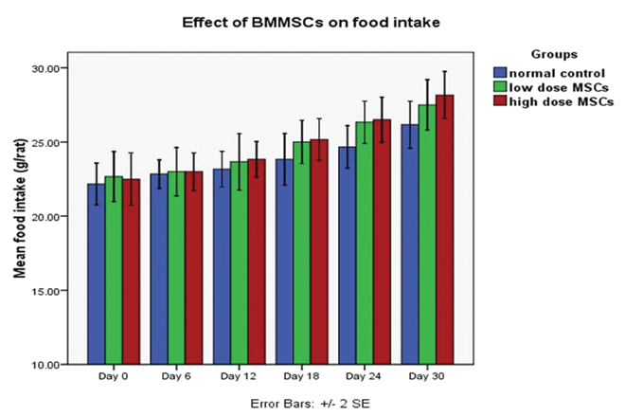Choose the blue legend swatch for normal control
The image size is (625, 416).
(x=500, y=72)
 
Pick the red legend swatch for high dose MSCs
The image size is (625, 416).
(x=500, y=101)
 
